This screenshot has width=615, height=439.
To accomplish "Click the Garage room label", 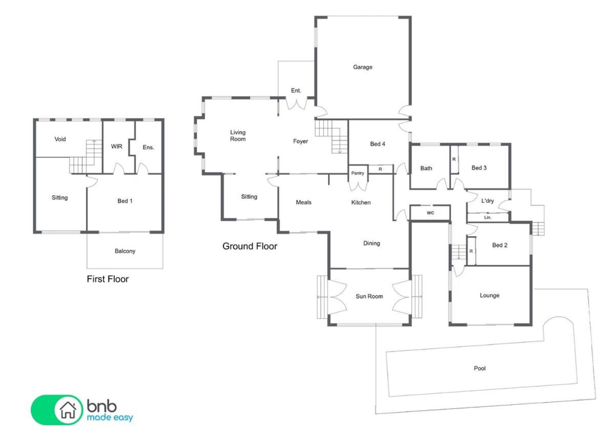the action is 362,67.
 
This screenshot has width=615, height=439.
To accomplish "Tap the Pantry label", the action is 358,173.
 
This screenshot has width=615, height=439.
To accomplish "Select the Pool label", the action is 480,368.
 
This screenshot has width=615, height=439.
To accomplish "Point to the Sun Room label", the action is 369,296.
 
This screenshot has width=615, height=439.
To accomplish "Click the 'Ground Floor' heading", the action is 250,246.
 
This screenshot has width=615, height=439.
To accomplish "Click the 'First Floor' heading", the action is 108,279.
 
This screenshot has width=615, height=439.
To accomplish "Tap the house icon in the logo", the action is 68,410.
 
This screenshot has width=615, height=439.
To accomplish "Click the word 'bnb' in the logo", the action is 101,406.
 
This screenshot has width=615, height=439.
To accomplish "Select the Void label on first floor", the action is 60,139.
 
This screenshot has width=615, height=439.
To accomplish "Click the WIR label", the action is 116,147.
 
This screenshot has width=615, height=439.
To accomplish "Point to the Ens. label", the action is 148,148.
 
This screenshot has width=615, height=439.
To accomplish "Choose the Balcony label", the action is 125,251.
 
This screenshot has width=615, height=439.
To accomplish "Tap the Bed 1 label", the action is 125,201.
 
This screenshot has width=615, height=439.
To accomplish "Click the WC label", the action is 430,213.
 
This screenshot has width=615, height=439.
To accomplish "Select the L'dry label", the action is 487,201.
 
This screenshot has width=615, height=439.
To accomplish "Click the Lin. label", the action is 487,218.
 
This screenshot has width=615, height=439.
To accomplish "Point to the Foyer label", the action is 300,141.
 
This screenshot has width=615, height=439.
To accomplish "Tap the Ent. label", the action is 296,91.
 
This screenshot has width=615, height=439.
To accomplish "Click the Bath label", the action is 426,168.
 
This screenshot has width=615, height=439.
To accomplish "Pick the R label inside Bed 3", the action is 454,159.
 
